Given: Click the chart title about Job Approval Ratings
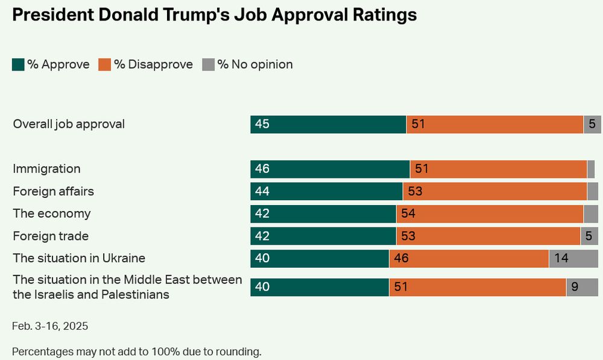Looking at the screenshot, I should click(214, 15).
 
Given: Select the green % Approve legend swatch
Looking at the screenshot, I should click(18, 65).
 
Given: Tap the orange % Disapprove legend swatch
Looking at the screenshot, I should click(105, 65).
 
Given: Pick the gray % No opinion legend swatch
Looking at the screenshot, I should click(208, 65).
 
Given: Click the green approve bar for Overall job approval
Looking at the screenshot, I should click(328, 124).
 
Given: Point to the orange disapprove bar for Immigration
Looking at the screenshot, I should click(498, 169).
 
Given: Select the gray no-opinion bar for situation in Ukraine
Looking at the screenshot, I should click(573, 259).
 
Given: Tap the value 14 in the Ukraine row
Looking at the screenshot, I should click(561, 259).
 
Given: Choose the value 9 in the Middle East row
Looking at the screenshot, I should click(575, 287).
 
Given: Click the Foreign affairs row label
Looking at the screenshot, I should click(54, 192).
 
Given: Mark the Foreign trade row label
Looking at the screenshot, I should click(51, 236).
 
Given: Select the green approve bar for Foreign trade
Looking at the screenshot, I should click(323, 236).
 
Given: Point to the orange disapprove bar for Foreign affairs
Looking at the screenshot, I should click(494, 192).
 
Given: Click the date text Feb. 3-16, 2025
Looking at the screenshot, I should click(50, 326).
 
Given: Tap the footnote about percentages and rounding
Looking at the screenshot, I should click(136, 352).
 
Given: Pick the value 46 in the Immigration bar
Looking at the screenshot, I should click(262, 169).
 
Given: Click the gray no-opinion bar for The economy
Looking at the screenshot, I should click(591, 214).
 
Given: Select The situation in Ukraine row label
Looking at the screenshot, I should click(79, 258).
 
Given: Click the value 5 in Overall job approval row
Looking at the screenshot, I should click(592, 124).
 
